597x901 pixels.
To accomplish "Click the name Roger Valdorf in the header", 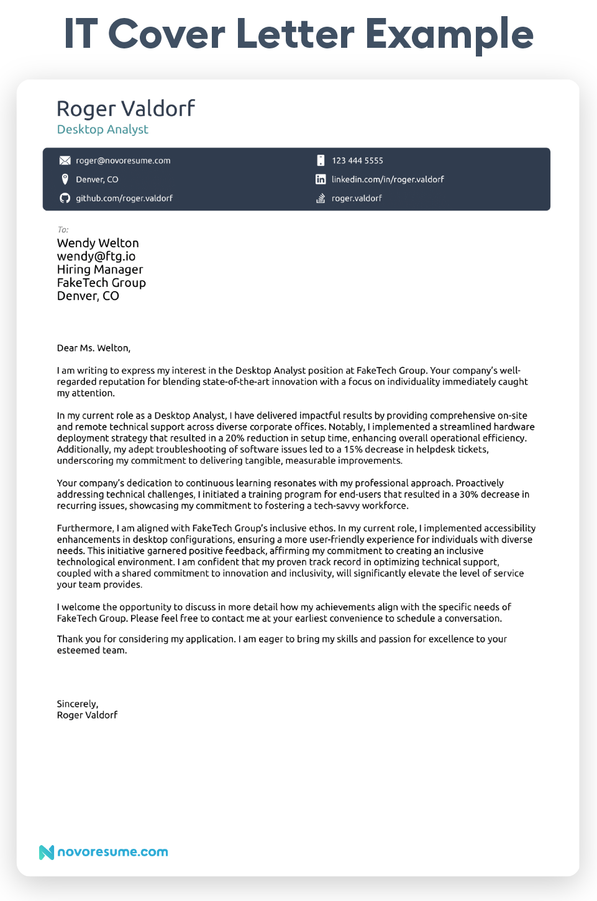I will pyautogui.click(x=125, y=109).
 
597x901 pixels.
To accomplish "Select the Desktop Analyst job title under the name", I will pyautogui.click(x=103, y=129).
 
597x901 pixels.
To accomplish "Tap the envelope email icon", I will pyautogui.click(x=65, y=161).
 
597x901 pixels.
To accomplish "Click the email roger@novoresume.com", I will pyautogui.click(x=123, y=161).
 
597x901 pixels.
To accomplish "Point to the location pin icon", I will pyautogui.click(x=65, y=179).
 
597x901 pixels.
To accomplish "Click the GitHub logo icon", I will pyautogui.click(x=65, y=198).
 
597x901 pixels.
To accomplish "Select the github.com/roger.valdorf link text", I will pyautogui.click(x=124, y=198).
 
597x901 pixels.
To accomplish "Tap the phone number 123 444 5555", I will pyautogui.click(x=357, y=161).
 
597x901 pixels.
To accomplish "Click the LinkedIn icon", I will pyautogui.click(x=321, y=179).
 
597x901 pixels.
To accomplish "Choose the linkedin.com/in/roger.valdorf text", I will pyautogui.click(x=388, y=179).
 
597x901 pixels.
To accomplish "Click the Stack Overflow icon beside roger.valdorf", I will pyautogui.click(x=321, y=198).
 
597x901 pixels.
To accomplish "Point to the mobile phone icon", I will pyautogui.click(x=321, y=161).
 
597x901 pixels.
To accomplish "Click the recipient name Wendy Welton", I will pyautogui.click(x=98, y=243).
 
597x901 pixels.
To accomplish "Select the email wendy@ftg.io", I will pyautogui.click(x=96, y=256).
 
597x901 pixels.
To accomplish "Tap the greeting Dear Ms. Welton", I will pyautogui.click(x=93, y=348).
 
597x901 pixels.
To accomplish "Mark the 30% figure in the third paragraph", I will pyautogui.click(x=469, y=494).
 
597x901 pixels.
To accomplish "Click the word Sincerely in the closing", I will pyautogui.click(x=77, y=704).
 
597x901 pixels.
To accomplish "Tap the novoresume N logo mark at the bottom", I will pyautogui.click(x=47, y=852).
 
